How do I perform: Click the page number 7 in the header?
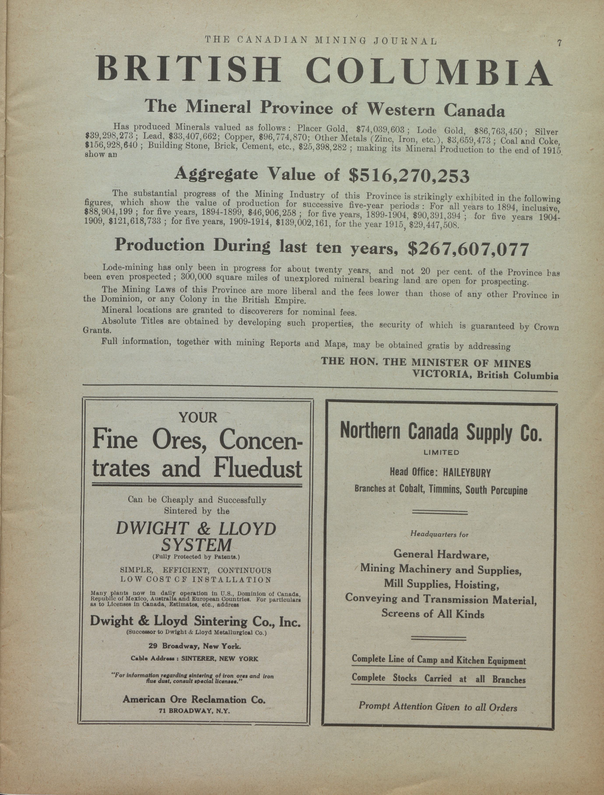[x=559, y=43]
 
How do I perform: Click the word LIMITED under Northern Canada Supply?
[x=440, y=452]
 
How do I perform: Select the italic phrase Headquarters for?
[x=439, y=534]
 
